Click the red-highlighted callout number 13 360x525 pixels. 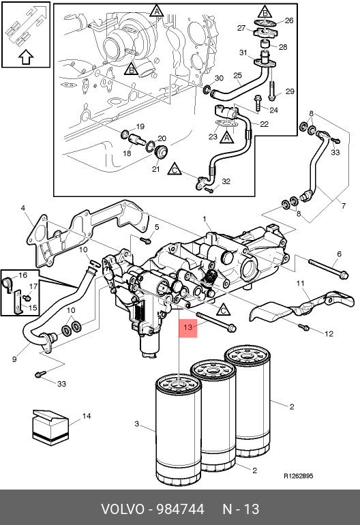point(188,327)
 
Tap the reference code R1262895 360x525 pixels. point(299,476)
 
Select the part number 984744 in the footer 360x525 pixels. point(181,509)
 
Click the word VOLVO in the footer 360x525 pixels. point(122,509)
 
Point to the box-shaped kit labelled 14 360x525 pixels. point(50,427)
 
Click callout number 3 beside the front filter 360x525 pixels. point(136,424)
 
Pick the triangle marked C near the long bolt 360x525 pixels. point(224,310)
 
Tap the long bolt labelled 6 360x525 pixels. point(329,268)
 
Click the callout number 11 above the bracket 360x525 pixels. point(301,284)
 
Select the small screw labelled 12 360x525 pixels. point(303,327)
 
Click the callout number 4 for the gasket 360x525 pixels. point(22,208)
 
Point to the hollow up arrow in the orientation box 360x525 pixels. point(26,57)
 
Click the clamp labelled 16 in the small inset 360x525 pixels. point(7,282)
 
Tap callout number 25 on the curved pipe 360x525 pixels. point(237,75)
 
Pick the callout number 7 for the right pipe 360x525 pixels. point(343,206)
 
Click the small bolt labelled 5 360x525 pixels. point(145,240)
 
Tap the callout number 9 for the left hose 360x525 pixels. point(14,359)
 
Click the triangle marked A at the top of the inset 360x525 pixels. point(156,11)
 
